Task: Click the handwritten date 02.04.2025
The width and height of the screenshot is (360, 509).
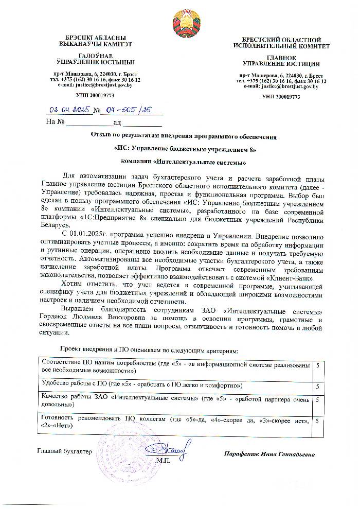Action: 68,110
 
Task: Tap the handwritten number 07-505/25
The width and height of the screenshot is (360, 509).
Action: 126,110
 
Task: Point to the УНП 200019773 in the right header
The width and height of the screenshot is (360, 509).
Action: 281,97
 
